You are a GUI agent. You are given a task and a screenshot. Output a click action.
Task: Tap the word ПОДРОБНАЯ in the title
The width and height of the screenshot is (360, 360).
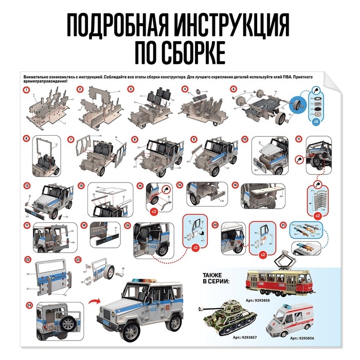tap(115, 24)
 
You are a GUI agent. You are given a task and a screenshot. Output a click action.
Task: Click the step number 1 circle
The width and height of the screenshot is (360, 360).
tap(26, 90)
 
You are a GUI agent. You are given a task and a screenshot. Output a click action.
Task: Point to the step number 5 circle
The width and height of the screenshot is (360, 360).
tap(233, 89)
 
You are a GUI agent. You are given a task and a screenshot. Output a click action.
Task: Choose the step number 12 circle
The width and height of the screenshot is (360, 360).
tap(26, 185)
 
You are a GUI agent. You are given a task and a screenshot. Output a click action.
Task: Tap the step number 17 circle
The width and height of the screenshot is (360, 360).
tap(26, 226)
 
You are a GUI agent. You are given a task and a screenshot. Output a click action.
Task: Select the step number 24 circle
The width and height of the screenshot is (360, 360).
tap(28, 305)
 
